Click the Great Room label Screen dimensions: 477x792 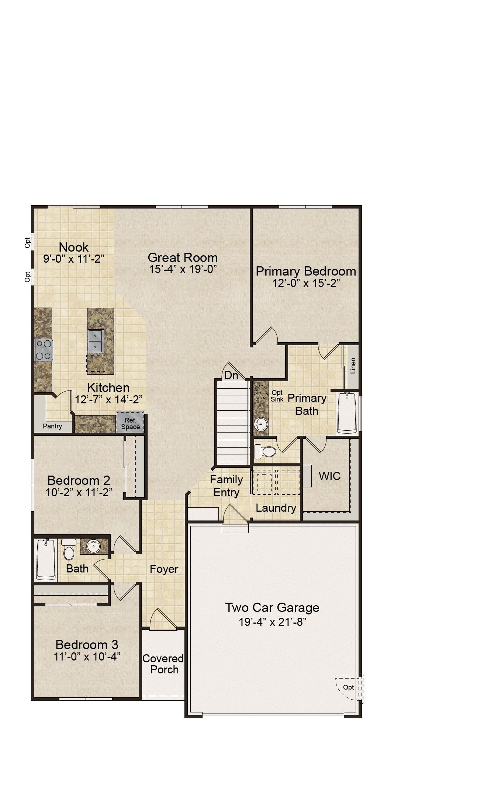pyautogui.click(x=183, y=257)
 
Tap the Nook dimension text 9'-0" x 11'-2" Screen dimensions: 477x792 pyautogui.click(x=74, y=259)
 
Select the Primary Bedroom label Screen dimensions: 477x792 pyautogui.click(x=306, y=271)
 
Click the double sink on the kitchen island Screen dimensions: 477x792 pyautogui.click(x=96, y=341)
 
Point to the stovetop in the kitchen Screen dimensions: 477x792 pyautogui.click(x=44, y=350)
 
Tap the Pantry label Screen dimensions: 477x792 pyautogui.click(x=52, y=426)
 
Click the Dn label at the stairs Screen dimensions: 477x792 pyautogui.click(x=231, y=375)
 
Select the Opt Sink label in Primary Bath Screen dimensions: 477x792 pyautogui.click(x=277, y=396)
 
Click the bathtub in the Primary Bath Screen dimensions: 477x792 pyautogui.click(x=347, y=413)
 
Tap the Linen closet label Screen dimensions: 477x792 pyautogui.click(x=353, y=366)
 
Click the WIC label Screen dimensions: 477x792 pyautogui.click(x=329, y=476)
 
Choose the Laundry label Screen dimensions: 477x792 pyautogui.click(x=276, y=508)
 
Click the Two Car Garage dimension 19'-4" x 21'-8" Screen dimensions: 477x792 pyautogui.click(x=273, y=622)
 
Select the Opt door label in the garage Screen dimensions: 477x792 pyautogui.click(x=348, y=687)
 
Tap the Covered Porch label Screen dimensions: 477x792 pyautogui.click(x=163, y=664)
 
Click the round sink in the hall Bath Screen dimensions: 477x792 pyautogui.click(x=94, y=547)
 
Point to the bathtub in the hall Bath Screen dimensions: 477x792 pyautogui.click(x=46, y=559)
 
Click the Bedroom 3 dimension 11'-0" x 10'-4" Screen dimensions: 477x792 pyautogui.click(x=87, y=656)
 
